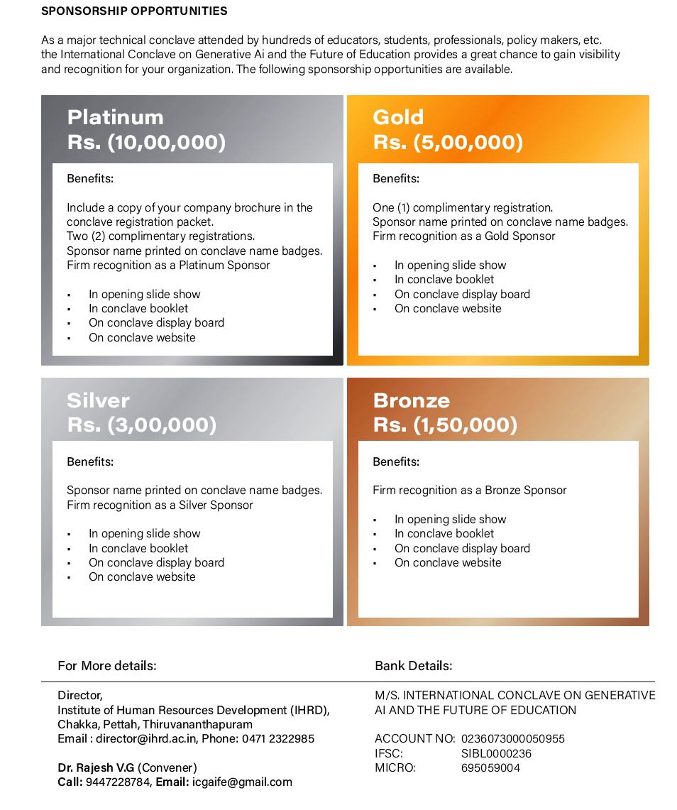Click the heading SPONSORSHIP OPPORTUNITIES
point(134,11)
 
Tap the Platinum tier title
point(115,117)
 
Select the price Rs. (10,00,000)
point(146,142)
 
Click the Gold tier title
point(398,117)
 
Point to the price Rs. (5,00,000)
point(448,142)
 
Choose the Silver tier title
point(98,400)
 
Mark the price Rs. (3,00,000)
point(141,425)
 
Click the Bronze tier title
point(411,400)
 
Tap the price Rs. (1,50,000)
point(445,425)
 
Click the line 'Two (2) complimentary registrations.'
point(160,236)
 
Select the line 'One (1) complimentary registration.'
point(463,207)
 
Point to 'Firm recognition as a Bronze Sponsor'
point(470,490)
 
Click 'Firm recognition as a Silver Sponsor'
point(160,505)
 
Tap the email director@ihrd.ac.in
point(145,739)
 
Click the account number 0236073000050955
point(513,739)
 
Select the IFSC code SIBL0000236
point(496,753)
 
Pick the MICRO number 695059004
point(490,767)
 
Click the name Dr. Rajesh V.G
point(97,767)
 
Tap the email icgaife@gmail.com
point(242,782)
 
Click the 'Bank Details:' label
point(413,666)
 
